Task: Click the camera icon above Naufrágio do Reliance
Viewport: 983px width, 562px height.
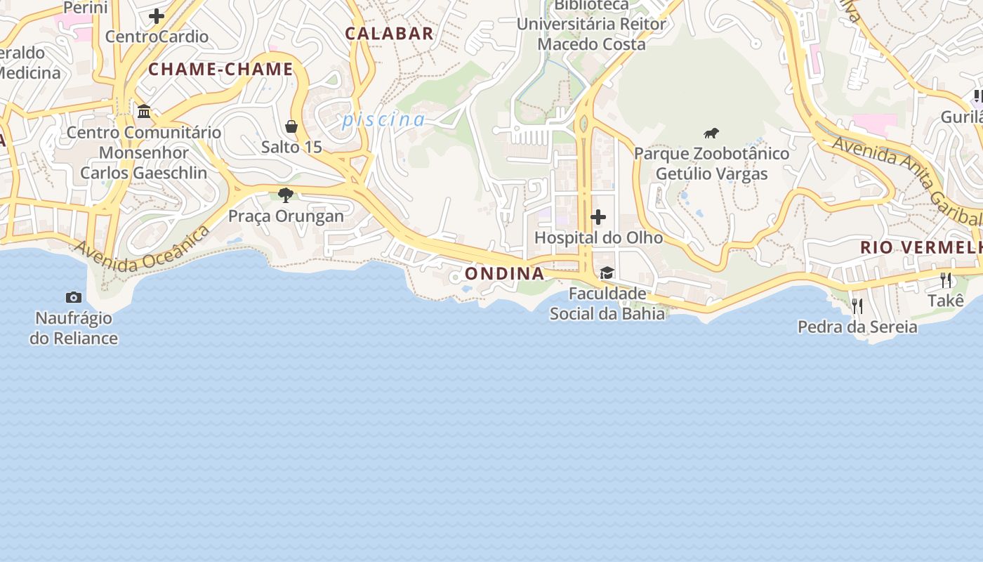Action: coord(74,298)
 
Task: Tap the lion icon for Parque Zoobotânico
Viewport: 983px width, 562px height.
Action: coord(711,133)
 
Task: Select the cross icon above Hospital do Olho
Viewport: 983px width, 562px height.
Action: coord(598,217)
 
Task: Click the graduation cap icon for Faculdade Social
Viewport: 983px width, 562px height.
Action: coord(607,273)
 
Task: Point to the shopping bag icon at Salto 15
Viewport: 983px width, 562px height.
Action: coord(291,126)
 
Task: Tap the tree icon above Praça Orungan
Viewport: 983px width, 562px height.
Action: coord(286,195)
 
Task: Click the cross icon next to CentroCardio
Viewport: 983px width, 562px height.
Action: coord(157,15)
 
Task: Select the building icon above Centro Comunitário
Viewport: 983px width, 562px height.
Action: coord(144,111)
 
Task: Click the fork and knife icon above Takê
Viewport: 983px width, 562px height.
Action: coord(946,280)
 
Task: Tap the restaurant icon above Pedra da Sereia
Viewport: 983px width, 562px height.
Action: coord(857,306)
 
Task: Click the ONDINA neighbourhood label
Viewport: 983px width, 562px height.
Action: coord(505,273)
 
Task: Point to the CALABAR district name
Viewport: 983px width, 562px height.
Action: coord(389,33)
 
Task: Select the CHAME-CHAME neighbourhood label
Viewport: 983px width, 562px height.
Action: coord(220,69)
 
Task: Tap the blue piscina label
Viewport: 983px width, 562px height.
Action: coord(383,120)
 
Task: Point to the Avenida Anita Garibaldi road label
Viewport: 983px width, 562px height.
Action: coord(906,179)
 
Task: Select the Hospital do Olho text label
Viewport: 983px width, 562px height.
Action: coord(598,237)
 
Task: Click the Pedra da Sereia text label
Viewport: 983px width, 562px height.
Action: coord(857,327)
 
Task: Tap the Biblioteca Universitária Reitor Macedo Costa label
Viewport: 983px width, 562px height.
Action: coord(591,25)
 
